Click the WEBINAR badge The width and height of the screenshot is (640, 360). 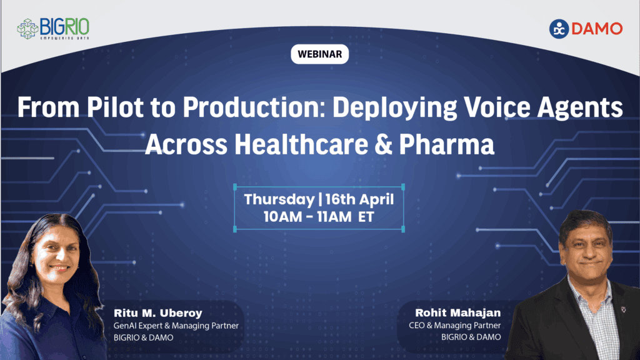[319, 54]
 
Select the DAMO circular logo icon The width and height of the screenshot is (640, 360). [559, 29]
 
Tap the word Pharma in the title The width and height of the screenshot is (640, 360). [448, 144]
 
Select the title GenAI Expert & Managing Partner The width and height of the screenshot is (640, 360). [176, 326]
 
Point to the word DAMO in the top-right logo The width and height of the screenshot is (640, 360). [597, 29]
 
